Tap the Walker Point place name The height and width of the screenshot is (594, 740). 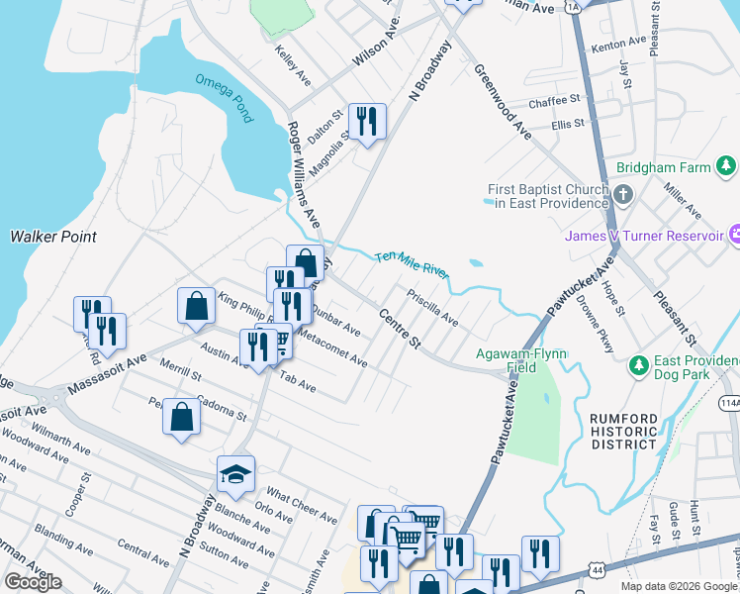coord(53,237)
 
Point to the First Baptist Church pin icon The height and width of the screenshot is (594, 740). coord(624,195)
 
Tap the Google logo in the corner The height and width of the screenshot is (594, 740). coord(34,582)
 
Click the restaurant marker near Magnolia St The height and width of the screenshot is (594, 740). coord(367,122)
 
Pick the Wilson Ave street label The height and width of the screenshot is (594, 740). coord(375,46)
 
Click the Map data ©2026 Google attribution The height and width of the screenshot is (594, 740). coord(679,586)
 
